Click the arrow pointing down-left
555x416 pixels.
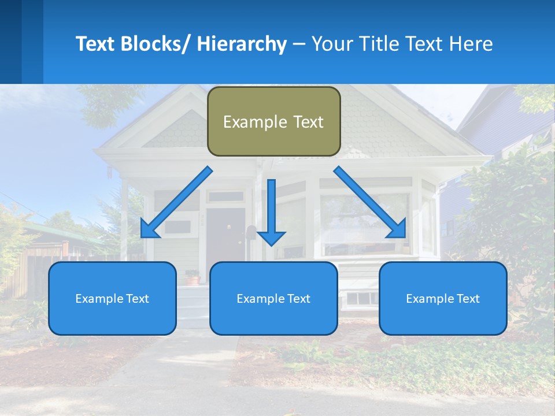click(x=176, y=202)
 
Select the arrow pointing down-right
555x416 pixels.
click(x=370, y=202)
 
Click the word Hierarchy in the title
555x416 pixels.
click(x=242, y=44)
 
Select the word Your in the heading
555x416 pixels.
click(x=332, y=44)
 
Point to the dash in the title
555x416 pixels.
click(x=299, y=44)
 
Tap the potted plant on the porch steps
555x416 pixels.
click(x=192, y=278)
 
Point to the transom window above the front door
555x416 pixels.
click(x=226, y=196)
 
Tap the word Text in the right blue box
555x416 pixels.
click(x=468, y=299)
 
